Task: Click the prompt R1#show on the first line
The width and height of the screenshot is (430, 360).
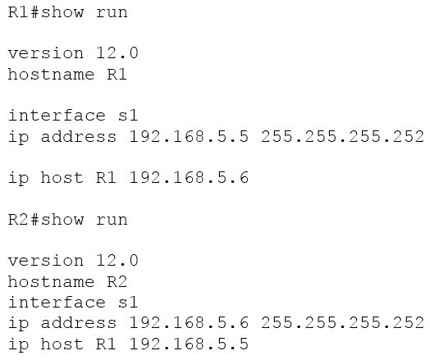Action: pos(46,12)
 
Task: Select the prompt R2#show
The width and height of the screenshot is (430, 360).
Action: pos(46,220)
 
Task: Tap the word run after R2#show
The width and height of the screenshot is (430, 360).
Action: pos(112,221)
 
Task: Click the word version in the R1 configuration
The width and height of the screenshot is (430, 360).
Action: pos(46,53)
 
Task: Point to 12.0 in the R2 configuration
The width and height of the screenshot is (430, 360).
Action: pos(117,260)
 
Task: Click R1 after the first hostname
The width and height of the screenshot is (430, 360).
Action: pos(117,75)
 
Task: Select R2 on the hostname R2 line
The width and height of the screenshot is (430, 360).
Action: pos(117,281)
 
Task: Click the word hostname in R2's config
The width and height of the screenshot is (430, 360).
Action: pos(51,281)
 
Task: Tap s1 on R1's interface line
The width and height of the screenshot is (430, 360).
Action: pos(128,116)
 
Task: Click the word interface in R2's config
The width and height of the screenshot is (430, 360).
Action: pos(57,303)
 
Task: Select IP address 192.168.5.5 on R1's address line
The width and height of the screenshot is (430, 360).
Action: pos(189,136)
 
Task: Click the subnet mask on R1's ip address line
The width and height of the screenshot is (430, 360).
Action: pos(342,136)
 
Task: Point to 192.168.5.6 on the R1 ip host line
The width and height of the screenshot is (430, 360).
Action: pos(189,177)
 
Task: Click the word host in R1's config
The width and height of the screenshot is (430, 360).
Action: pos(62,177)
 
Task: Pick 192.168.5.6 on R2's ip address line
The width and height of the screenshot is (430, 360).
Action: pos(189,323)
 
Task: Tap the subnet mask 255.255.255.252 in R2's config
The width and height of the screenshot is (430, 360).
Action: pos(342,323)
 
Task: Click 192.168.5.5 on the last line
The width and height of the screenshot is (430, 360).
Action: pos(189,344)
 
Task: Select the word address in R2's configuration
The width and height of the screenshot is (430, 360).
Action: pos(79,323)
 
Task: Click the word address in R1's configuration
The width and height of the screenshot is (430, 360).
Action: pos(79,136)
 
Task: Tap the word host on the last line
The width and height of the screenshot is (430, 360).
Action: pos(62,344)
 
